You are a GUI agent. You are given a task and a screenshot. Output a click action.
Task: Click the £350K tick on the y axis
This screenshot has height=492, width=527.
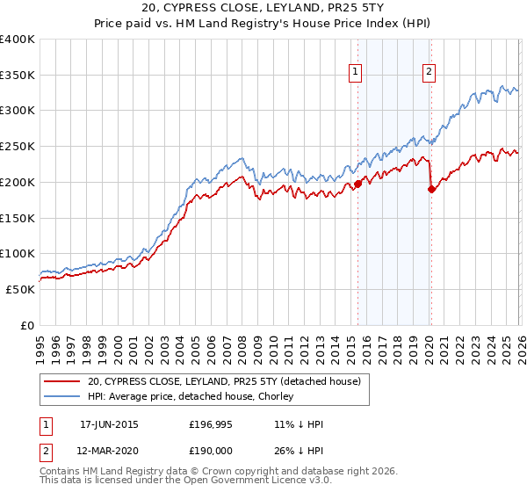(18, 75)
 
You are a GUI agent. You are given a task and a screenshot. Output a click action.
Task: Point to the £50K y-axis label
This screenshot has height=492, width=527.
(21, 289)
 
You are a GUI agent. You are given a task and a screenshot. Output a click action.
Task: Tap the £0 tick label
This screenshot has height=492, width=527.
(28, 325)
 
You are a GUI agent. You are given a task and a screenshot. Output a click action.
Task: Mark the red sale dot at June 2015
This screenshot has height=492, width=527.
(357, 184)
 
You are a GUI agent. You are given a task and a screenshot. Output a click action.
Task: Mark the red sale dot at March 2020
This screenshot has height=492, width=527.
(431, 188)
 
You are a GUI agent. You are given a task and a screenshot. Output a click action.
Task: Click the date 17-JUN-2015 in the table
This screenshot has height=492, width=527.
(109, 424)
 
